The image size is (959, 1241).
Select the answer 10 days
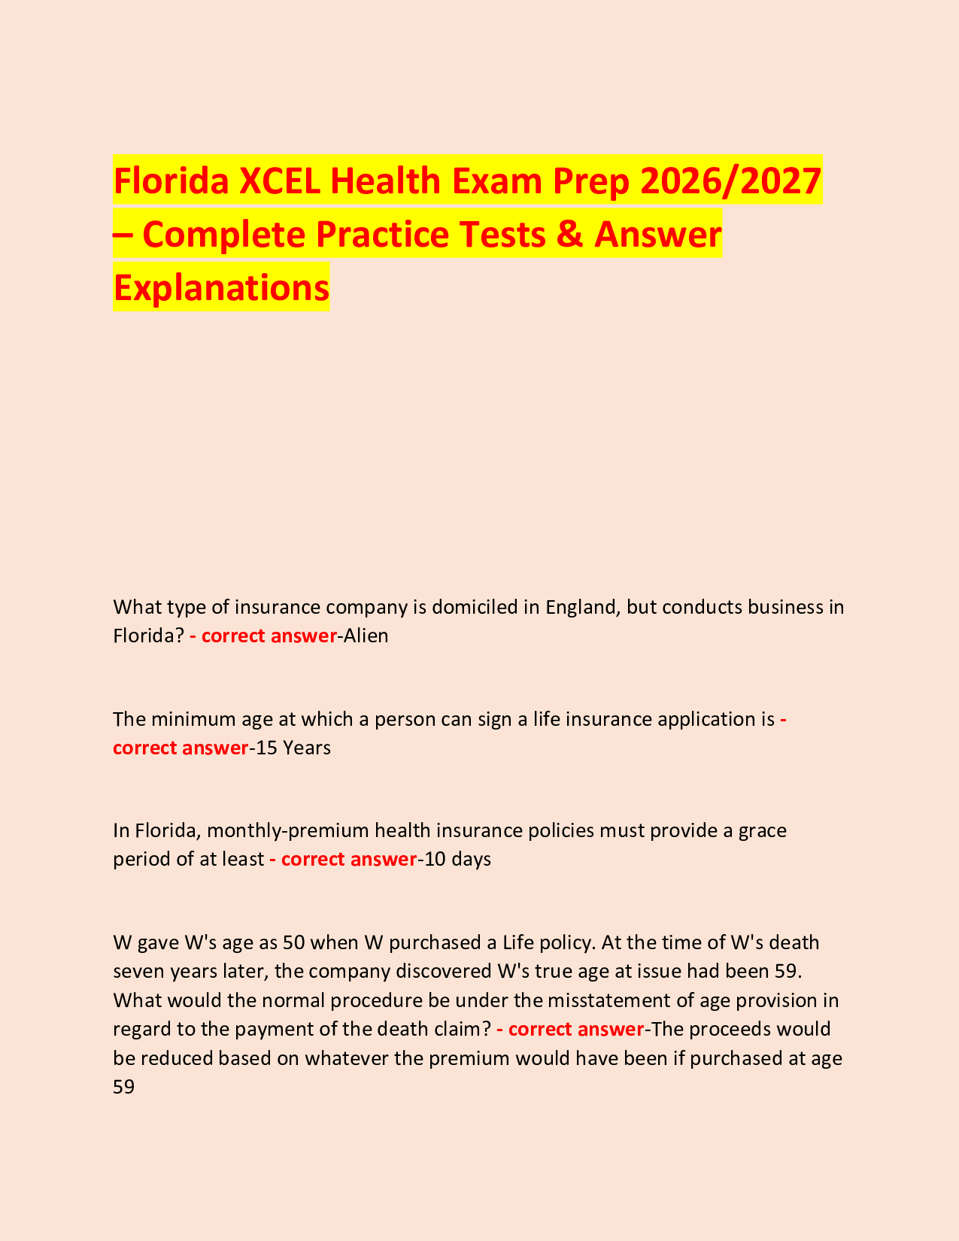tap(457, 859)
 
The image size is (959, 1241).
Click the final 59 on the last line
tap(123, 1087)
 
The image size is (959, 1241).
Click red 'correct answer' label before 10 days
tap(348, 859)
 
